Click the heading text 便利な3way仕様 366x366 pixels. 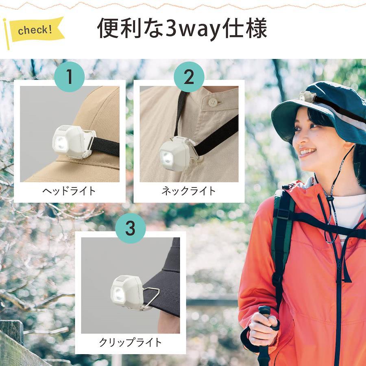[x=182, y=28]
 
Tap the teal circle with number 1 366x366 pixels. [x=70, y=77]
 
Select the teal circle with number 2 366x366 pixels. [x=189, y=77]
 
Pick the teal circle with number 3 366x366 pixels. [x=131, y=228]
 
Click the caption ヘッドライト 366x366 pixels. [x=69, y=191]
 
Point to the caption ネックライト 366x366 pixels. [x=189, y=191]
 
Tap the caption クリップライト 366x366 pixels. [x=131, y=342]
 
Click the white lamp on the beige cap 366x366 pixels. [x=74, y=142]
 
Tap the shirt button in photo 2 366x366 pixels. [x=213, y=102]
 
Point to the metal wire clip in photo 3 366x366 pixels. [x=150, y=298]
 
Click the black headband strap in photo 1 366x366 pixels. [x=105, y=146]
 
